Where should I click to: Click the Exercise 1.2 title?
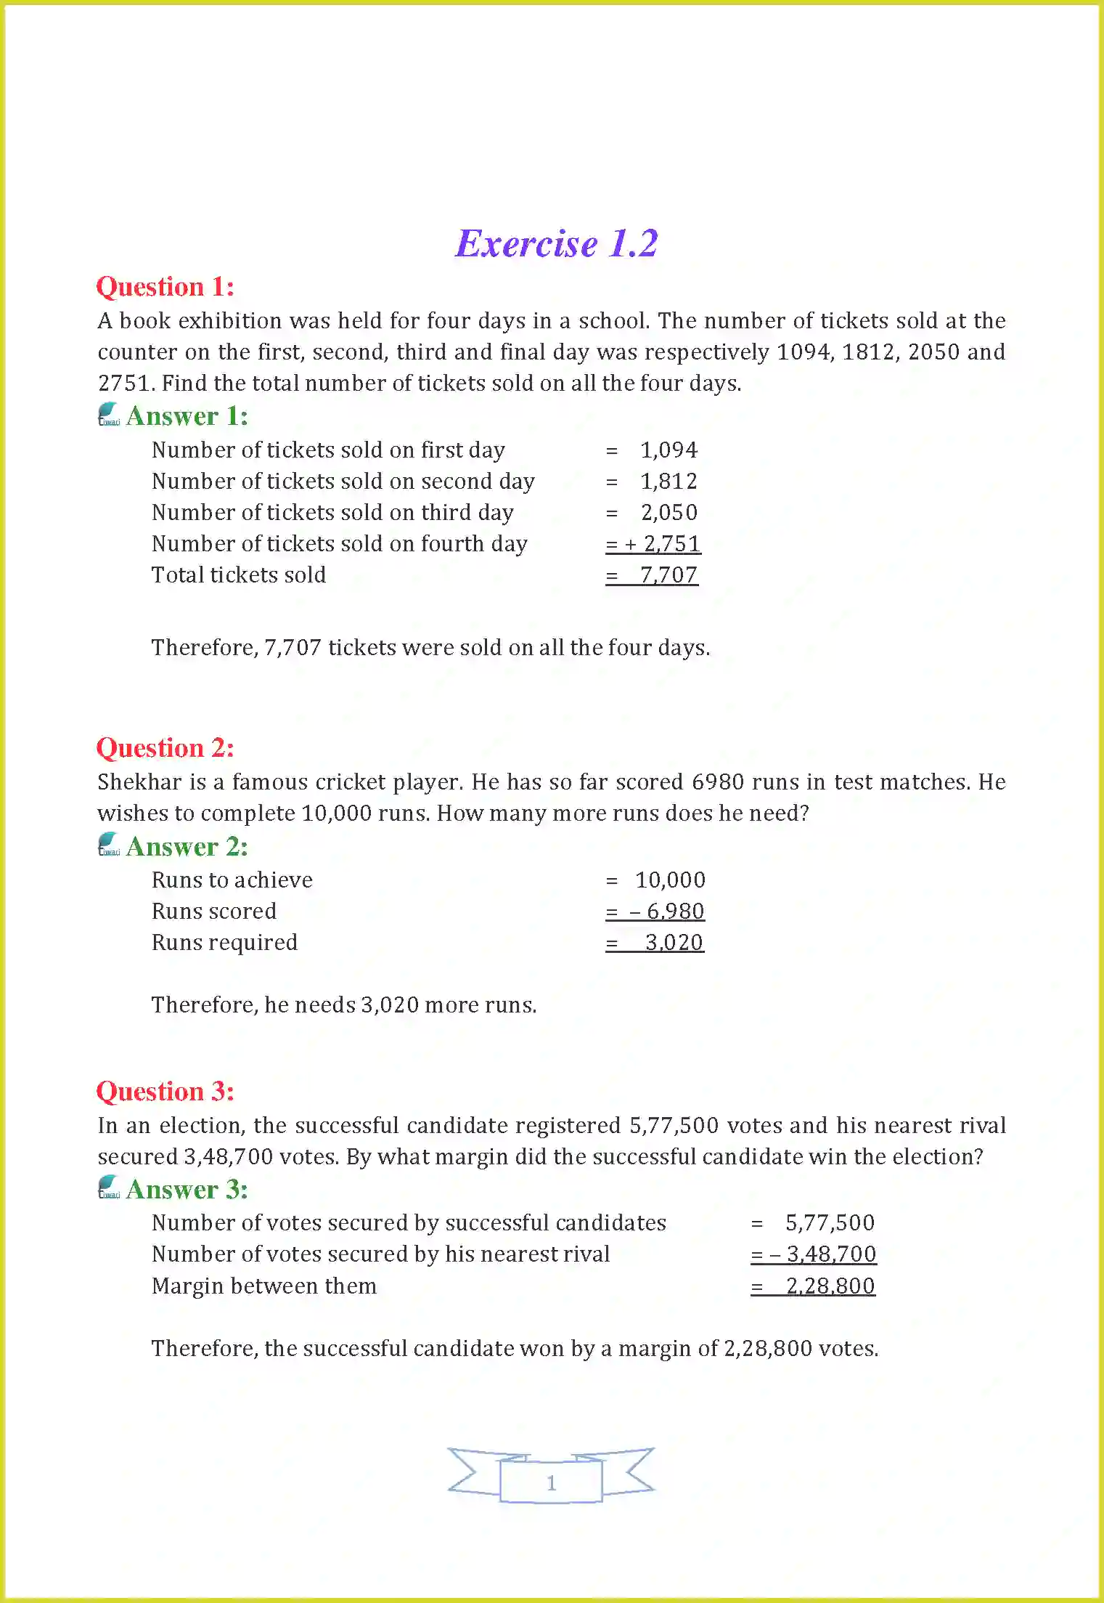pyautogui.click(x=556, y=243)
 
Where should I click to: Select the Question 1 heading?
pyautogui.click(x=165, y=287)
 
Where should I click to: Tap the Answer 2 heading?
pyautogui.click(x=187, y=847)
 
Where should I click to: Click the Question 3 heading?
pyautogui.click(x=165, y=1092)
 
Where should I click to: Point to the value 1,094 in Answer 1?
pyautogui.click(x=668, y=450)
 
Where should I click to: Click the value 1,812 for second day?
pyautogui.click(x=668, y=482)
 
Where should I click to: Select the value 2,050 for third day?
pyautogui.click(x=668, y=513)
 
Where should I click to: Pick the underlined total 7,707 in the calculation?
pyautogui.click(x=668, y=575)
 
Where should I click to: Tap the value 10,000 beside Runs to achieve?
pyautogui.click(x=670, y=880)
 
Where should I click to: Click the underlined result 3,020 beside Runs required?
pyautogui.click(x=674, y=943)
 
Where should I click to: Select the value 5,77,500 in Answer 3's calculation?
pyautogui.click(x=830, y=1223)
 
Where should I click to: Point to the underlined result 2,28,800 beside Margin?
pyautogui.click(x=830, y=1286)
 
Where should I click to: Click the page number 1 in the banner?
pyautogui.click(x=551, y=1482)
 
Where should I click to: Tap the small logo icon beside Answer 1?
pyautogui.click(x=109, y=415)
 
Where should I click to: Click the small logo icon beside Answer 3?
pyautogui.click(x=109, y=1188)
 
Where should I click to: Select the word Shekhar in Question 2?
pyautogui.click(x=139, y=782)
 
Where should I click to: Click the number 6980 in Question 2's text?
pyautogui.click(x=718, y=782)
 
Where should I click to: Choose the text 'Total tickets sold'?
pyautogui.click(x=239, y=575)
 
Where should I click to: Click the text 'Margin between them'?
pyautogui.click(x=264, y=1286)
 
